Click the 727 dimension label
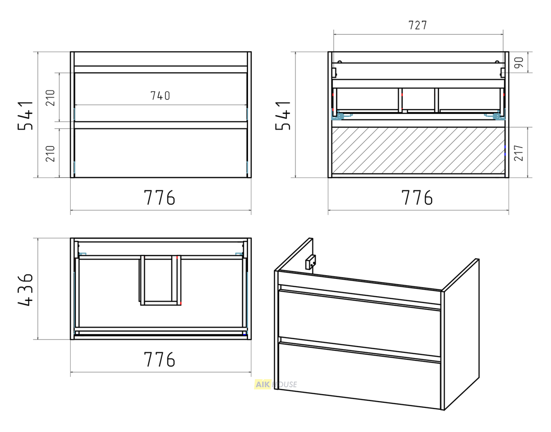click(x=418, y=25)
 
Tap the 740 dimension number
click(x=160, y=96)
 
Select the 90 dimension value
click(x=519, y=62)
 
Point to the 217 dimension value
click(x=519, y=153)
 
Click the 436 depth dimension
click(x=25, y=290)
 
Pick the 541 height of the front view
click(x=25, y=116)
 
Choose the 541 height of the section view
click(x=283, y=116)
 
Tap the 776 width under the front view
click(x=160, y=198)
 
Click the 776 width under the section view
click(x=417, y=198)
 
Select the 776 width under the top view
click(x=160, y=359)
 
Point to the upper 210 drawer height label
click(x=50, y=98)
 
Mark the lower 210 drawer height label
click(x=50, y=153)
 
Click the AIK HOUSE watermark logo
click(x=275, y=384)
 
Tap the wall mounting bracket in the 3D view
click(x=311, y=262)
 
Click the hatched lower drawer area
click(x=418, y=150)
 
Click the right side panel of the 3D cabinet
click(x=461, y=334)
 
